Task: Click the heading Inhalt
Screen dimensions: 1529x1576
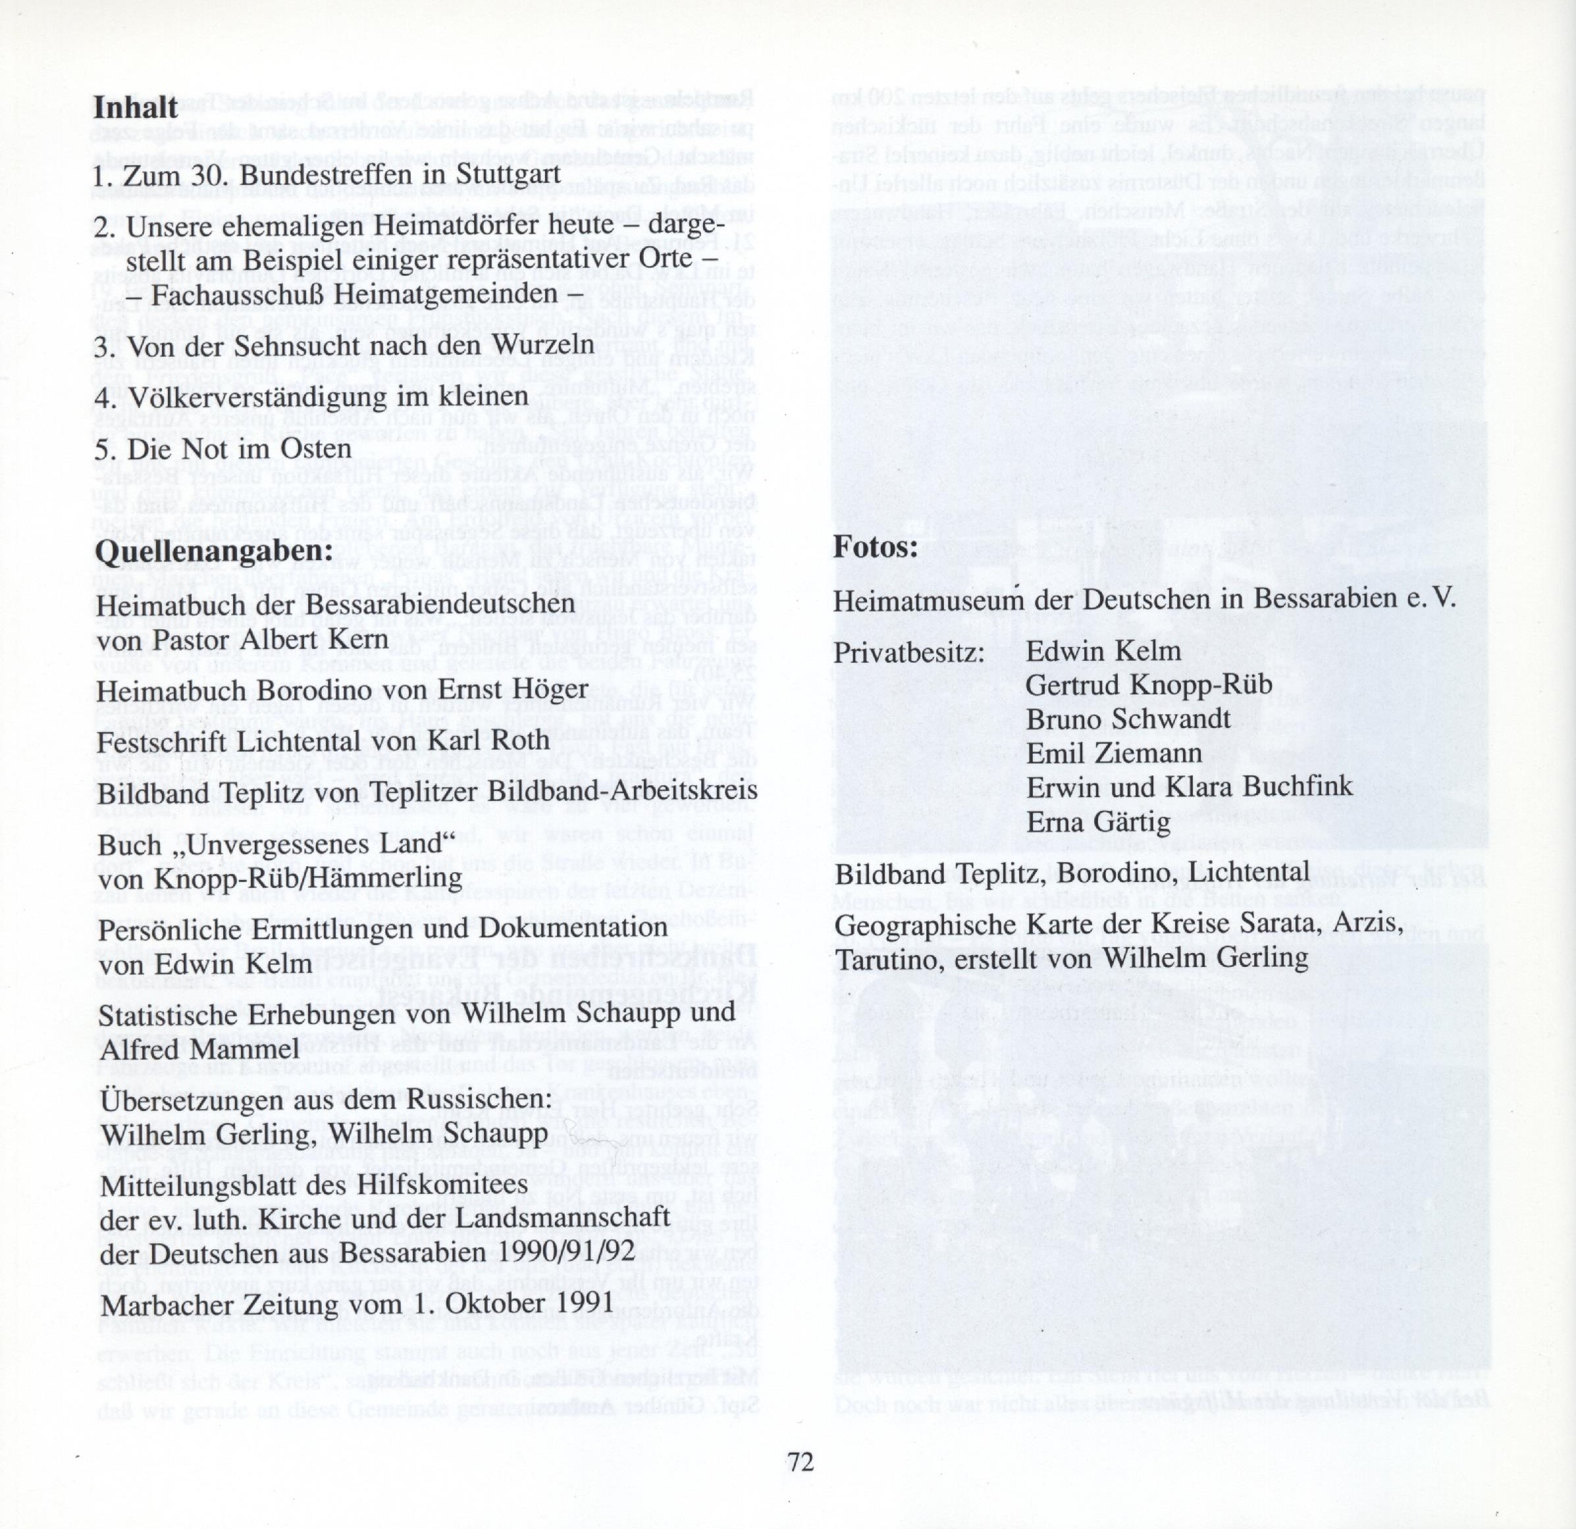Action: point(135,107)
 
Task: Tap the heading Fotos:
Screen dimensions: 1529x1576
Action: point(876,548)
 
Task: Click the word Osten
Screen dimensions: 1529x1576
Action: point(313,449)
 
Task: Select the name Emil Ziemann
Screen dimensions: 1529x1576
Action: point(1114,753)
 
